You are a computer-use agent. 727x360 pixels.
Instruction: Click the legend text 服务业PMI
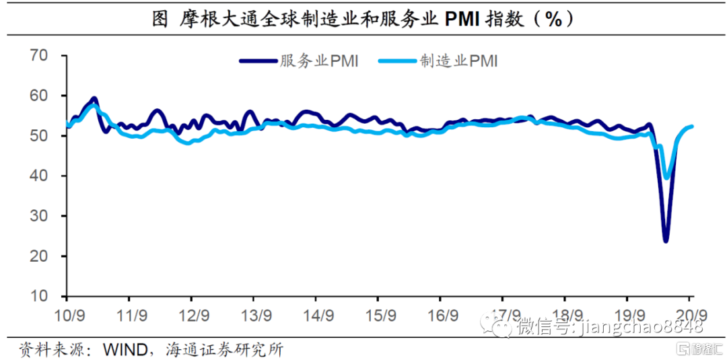319,61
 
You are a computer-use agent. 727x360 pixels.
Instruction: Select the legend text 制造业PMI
459,61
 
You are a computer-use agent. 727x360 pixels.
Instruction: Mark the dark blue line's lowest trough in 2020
666,240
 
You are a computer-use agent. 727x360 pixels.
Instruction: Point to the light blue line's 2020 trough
667,178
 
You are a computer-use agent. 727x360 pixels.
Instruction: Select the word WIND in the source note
125,349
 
